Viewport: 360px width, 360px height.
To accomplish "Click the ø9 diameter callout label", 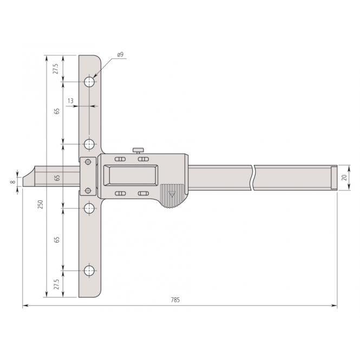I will point(120,55).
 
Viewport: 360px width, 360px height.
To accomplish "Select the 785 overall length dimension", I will point(175,300).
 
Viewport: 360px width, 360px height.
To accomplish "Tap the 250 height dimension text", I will point(41,204).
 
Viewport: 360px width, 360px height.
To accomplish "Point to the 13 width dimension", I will point(71,101).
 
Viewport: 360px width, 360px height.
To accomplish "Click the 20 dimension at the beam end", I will point(343,177).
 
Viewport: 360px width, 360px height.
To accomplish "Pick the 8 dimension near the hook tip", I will point(12,182).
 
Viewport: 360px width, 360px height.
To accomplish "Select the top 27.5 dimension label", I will point(56,69).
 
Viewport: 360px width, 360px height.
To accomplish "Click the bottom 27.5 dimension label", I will point(56,284).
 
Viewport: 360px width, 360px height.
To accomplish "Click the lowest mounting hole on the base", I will point(89,270).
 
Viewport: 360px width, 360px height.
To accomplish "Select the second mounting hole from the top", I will point(89,145).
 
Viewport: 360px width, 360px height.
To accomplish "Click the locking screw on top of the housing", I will point(139,150).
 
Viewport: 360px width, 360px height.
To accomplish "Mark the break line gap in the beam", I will point(253,177).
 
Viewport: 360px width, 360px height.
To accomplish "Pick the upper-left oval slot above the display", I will point(120,159).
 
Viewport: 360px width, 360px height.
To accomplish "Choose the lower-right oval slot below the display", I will point(143,193).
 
